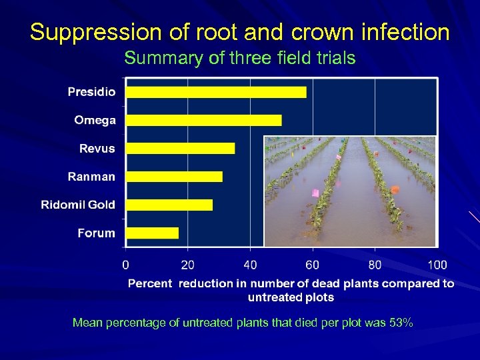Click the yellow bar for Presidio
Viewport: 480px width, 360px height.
(x=216, y=92)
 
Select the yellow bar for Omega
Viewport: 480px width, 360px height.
(x=203, y=120)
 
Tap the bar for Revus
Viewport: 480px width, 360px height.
(x=180, y=148)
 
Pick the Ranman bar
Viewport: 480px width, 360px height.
(x=174, y=177)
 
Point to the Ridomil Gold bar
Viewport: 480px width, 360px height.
(x=169, y=205)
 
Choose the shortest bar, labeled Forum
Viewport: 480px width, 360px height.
(x=152, y=233)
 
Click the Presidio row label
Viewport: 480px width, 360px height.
(x=91, y=92)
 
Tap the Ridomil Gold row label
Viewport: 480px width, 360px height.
(x=78, y=205)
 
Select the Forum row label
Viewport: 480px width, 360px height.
(x=96, y=233)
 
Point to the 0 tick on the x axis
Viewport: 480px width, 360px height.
(x=126, y=265)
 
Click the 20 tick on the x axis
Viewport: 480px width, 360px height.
(x=188, y=265)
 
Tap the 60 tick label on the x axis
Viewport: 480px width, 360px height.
(x=312, y=265)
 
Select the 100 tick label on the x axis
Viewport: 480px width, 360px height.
(x=437, y=265)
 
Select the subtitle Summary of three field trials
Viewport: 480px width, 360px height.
(x=240, y=58)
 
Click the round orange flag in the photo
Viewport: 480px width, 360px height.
(x=394, y=189)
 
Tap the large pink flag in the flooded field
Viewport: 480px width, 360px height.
(x=315, y=193)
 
